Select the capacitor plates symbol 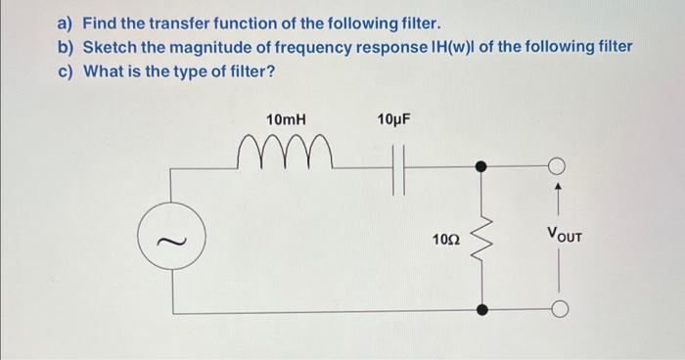pos(397,168)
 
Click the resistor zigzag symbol pos(480,238)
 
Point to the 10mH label pos(286,119)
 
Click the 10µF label pos(393,119)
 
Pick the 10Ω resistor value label pos(445,239)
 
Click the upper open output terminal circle pos(560,167)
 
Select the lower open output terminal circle pos(560,310)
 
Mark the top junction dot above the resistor pos(480,167)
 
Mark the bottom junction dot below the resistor pos(480,309)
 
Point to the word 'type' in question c pos(211,71)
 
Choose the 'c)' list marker pos(66,71)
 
